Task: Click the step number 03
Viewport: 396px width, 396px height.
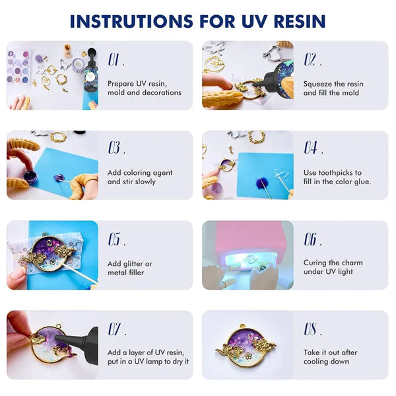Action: (x=116, y=148)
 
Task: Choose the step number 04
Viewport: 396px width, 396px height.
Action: (x=312, y=148)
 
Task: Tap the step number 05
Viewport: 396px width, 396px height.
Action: (x=116, y=239)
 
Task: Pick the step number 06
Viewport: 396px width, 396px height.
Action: (x=312, y=239)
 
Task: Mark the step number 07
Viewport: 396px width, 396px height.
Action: (x=116, y=329)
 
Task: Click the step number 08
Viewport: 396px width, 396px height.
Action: (x=312, y=329)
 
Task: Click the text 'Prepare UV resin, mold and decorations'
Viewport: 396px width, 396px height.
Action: (x=144, y=88)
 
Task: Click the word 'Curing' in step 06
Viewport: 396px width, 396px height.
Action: (x=315, y=263)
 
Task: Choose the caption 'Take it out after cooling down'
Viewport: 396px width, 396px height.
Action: (x=331, y=357)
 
